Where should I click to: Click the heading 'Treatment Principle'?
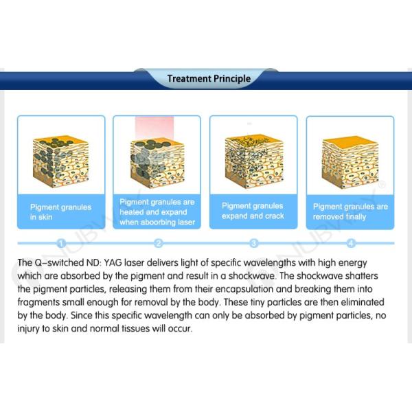click(x=209, y=78)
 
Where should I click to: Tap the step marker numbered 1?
click(x=61, y=244)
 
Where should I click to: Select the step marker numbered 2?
click(x=158, y=244)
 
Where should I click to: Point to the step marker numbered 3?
click(x=253, y=244)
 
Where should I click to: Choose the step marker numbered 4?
click(x=350, y=244)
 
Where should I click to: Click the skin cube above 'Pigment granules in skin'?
click(x=61, y=161)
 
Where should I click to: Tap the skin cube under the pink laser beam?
click(x=157, y=163)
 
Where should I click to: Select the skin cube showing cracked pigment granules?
click(x=254, y=161)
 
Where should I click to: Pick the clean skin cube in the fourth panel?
click(x=350, y=162)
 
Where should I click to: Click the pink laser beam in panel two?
click(x=154, y=128)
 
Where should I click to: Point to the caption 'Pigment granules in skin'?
click(x=60, y=212)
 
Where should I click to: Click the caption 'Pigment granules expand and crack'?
click(x=253, y=211)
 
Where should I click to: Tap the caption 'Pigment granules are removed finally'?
click(x=350, y=211)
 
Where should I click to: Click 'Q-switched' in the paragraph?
click(x=57, y=262)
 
